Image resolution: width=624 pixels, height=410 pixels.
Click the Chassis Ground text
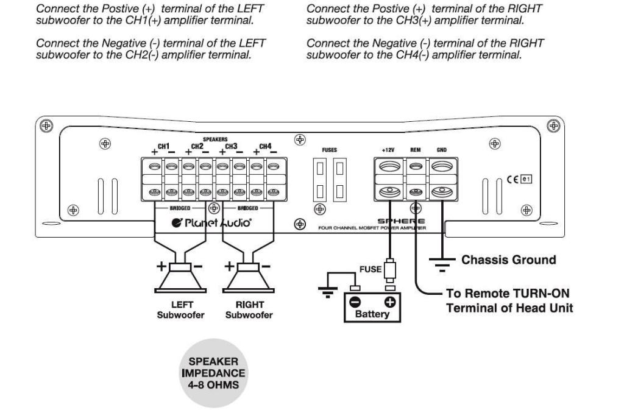click(x=509, y=260)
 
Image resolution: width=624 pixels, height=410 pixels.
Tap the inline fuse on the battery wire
click(x=390, y=269)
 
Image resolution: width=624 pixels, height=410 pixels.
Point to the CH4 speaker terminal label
click(x=265, y=146)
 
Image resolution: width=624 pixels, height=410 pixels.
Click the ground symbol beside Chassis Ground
click(x=442, y=263)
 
